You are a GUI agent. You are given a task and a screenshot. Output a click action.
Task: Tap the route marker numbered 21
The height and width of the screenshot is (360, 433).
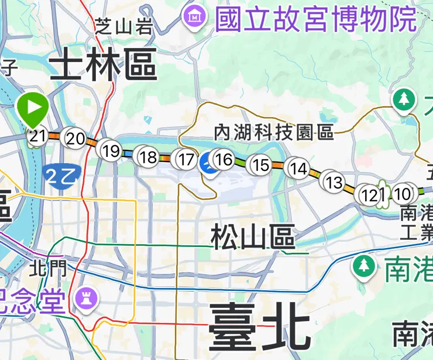tap(37, 137)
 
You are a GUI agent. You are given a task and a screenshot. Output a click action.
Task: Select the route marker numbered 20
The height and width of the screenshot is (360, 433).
tap(75, 139)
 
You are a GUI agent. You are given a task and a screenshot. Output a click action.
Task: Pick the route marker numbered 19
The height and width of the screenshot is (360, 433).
tap(111, 150)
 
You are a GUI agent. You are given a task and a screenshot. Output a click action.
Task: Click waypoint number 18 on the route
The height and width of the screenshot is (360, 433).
tap(149, 157)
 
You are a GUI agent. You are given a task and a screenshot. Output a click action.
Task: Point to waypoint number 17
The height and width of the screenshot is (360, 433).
tap(186, 159)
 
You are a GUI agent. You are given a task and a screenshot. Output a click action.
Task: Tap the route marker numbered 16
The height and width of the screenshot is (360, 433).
tap(224, 159)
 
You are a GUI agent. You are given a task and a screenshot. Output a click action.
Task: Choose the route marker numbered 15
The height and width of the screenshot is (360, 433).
tap(260, 165)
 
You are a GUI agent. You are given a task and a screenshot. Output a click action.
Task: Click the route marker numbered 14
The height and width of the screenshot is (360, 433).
tap(298, 169)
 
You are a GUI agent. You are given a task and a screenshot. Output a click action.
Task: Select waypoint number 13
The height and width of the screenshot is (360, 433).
tap(334, 182)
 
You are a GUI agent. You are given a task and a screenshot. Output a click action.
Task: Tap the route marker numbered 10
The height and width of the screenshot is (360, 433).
tap(403, 193)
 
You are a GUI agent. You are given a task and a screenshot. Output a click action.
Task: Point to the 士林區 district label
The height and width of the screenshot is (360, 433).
tap(103, 67)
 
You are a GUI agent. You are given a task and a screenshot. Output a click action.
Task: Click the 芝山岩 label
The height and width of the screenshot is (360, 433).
tap(123, 25)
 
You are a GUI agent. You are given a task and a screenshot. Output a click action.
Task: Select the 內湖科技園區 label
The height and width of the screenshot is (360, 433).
tap(274, 132)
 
